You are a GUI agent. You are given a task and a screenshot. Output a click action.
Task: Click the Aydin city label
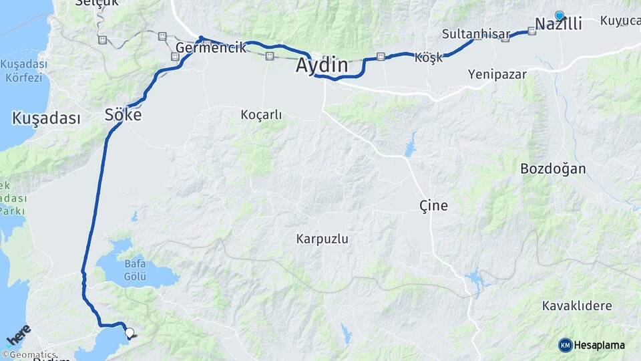pos(323,66)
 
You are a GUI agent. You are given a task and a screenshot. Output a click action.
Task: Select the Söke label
pos(123,115)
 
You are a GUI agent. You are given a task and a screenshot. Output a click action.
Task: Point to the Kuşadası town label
pos(46,119)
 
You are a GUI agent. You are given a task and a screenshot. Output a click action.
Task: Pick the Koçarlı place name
pos(261,115)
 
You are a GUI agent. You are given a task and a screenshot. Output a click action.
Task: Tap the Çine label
pos(433,205)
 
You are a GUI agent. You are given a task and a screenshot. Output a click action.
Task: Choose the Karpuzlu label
pos(323,239)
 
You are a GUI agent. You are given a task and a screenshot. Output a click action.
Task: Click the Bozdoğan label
pos(553,168)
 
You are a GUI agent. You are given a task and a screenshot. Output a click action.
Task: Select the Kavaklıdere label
pos(577,306)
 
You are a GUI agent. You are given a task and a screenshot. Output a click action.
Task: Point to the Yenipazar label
pos(497,74)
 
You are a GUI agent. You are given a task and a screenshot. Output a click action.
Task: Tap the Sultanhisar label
pos(475,34)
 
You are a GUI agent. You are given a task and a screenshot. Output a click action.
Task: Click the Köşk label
pos(428,57)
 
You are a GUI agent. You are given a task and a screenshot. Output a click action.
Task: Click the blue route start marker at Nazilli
pos(560,15)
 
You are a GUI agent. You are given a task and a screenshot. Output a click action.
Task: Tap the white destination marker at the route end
pos(129,332)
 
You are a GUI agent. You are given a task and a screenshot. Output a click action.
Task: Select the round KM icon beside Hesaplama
pos(566,345)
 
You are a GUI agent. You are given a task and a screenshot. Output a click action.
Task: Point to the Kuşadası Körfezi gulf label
pos(24,71)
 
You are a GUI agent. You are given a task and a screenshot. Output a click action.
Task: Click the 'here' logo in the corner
pos(18,332)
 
